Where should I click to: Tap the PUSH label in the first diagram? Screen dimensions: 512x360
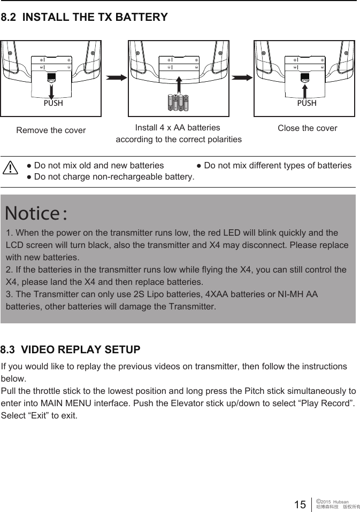(x=53, y=103)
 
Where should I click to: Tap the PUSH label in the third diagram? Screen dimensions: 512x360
(x=307, y=103)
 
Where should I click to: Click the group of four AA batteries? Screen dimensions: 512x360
(x=179, y=102)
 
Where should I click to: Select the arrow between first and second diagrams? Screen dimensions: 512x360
(x=117, y=77)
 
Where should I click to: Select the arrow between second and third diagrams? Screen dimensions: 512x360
(x=242, y=77)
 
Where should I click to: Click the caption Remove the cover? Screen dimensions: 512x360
(x=51, y=130)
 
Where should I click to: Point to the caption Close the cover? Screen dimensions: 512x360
(x=308, y=128)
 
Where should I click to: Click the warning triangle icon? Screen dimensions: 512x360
(x=10, y=168)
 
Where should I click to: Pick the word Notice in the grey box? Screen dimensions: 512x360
(x=32, y=213)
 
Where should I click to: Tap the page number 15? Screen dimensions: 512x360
(x=300, y=504)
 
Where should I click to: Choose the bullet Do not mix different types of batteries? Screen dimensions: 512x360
(x=274, y=166)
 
